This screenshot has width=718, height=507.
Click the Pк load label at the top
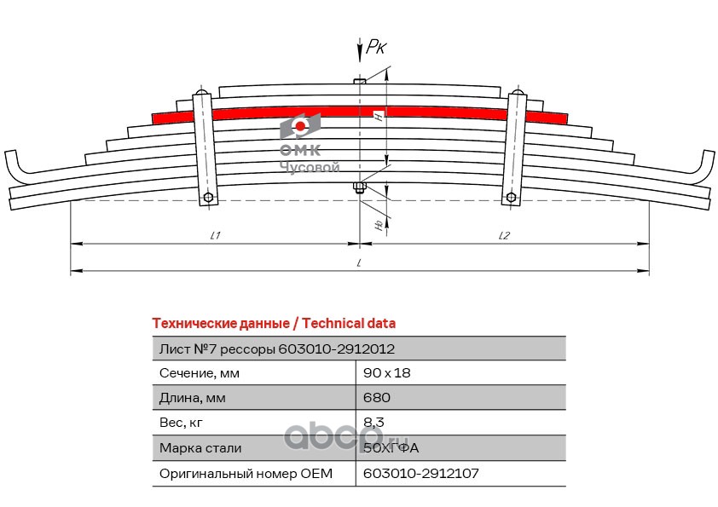tap(376, 47)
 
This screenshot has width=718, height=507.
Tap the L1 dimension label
tap(216, 236)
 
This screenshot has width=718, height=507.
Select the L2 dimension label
tap(504, 236)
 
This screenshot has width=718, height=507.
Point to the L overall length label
tap(360, 263)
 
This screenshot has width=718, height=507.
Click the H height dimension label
tap(379, 116)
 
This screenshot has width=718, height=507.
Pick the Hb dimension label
tap(379, 225)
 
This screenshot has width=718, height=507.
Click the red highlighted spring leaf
tap(360, 113)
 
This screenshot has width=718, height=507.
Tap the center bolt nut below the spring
tap(360, 188)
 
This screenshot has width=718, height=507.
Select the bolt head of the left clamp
tap(208, 198)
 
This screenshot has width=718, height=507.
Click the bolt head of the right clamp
tap(511, 198)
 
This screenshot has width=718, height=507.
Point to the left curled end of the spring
tap(16, 165)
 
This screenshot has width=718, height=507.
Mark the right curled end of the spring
tap(703, 165)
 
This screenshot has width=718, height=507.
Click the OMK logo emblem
tap(300, 126)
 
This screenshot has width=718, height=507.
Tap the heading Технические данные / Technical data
tap(274, 324)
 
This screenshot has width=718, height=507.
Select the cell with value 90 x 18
tap(387, 373)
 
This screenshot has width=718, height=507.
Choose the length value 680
tap(377, 397)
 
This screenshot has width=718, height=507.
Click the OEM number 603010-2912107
tap(420, 473)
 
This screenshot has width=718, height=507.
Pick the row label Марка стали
tap(200, 448)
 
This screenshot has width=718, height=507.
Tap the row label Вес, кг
tap(181, 423)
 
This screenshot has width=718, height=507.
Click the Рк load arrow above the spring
tap(360, 49)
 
